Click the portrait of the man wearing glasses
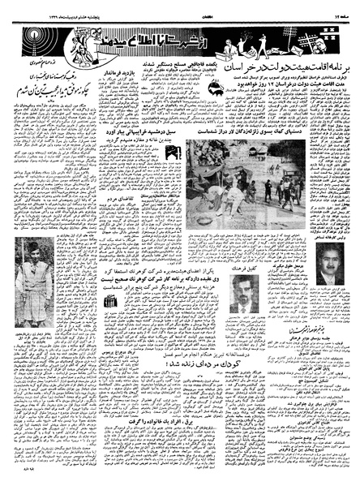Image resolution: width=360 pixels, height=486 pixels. (329, 265)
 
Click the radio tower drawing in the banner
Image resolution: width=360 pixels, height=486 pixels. (328, 37)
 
